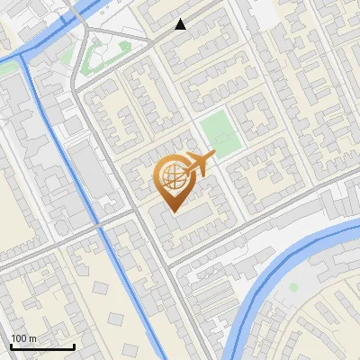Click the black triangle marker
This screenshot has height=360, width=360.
[181, 24]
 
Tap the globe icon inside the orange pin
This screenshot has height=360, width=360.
[171, 177]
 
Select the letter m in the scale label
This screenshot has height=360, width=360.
[32, 338]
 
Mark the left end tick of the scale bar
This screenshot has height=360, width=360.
[10, 346]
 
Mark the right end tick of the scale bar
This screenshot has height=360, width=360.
[75, 346]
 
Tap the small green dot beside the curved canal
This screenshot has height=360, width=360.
[293, 287]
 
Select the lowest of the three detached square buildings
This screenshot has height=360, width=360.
[127, 348]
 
